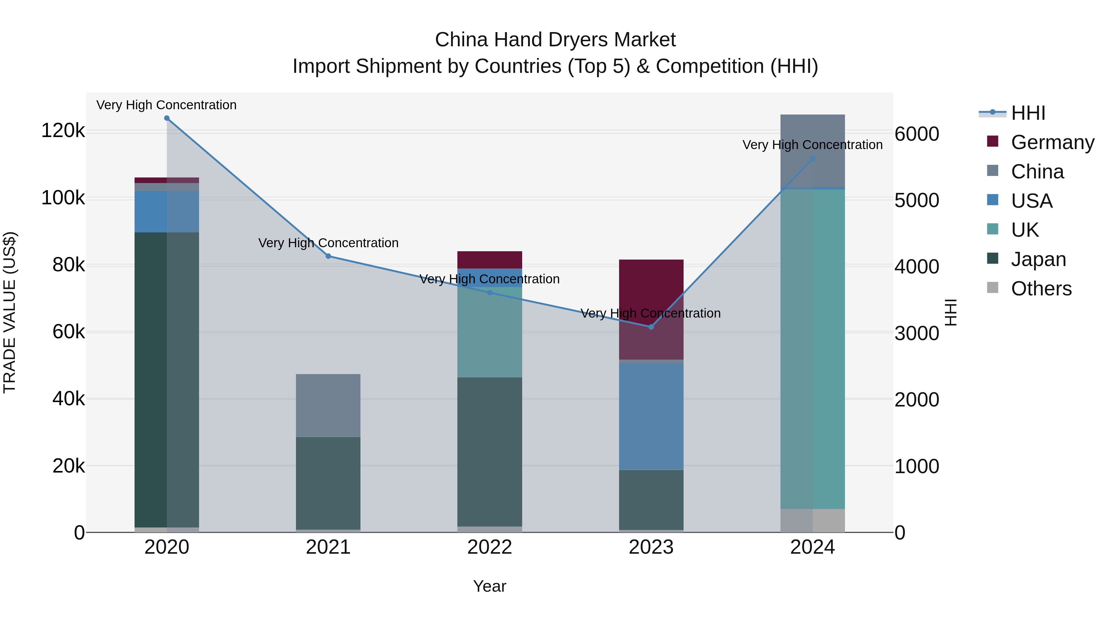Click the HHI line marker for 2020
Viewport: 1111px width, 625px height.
(167, 118)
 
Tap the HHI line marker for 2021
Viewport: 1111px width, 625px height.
(328, 256)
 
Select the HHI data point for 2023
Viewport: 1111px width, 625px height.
(651, 327)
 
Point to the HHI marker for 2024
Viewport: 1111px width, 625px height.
(813, 159)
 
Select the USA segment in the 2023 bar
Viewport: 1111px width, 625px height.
(651, 416)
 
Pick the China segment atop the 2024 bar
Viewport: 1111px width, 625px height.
(813, 151)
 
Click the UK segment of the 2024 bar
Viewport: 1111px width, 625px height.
(813, 349)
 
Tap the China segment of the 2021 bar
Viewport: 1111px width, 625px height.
(328, 406)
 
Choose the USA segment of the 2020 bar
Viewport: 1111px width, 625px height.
(167, 211)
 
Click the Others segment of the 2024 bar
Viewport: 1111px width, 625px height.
(813, 521)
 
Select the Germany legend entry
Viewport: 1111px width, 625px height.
(1052, 142)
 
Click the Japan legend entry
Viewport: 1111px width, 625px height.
(1038, 259)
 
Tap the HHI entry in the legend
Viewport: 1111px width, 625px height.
(1028, 113)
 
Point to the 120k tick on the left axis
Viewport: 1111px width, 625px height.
(63, 130)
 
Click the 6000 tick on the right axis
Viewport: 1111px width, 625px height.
(917, 134)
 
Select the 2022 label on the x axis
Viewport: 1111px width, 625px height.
(489, 547)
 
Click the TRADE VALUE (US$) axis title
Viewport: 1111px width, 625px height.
(10, 312)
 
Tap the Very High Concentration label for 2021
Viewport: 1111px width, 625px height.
(328, 243)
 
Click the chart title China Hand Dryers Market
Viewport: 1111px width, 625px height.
(555, 40)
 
